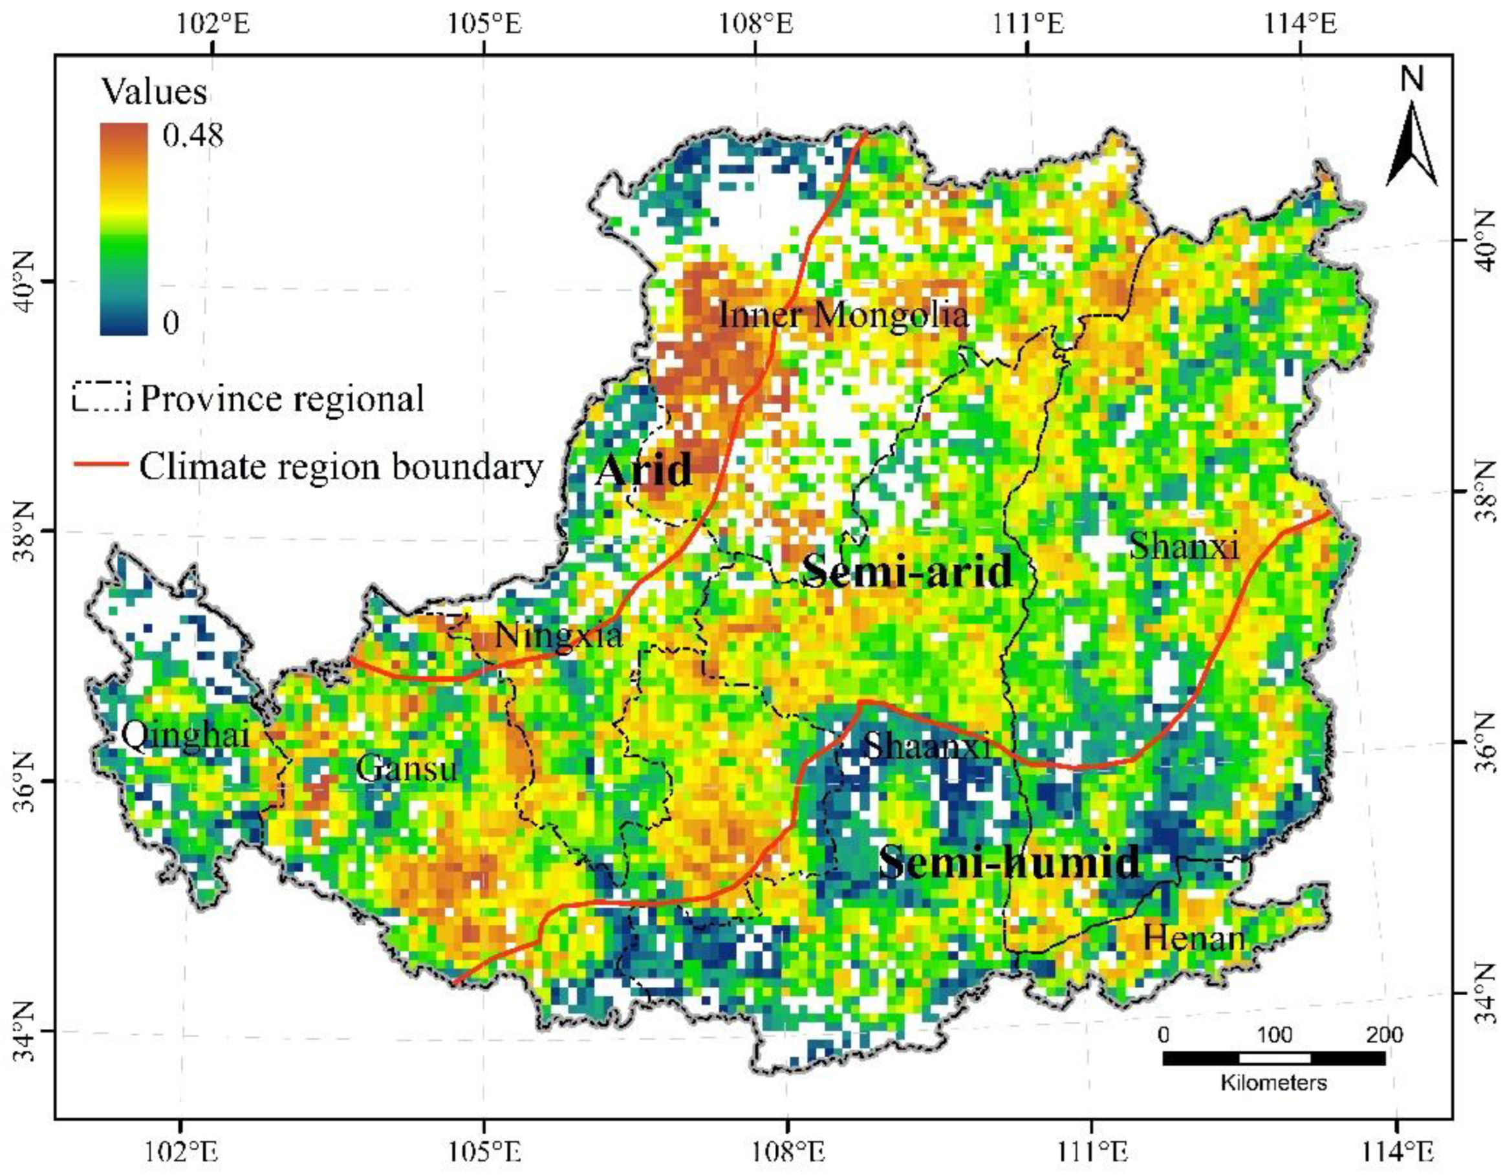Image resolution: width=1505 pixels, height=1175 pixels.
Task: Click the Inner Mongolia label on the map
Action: click(x=843, y=316)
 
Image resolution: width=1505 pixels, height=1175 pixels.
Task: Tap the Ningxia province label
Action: click(x=558, y=634)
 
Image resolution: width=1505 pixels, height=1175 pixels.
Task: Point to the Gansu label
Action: click(x=407, y=768)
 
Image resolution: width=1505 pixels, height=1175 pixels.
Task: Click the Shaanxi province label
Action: click(x=927, y=746)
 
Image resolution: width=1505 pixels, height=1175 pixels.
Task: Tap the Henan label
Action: click(x=1194, y=938)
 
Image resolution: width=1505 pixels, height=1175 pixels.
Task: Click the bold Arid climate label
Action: click(x=644, y=470)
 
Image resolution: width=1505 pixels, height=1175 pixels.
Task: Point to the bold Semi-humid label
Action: click(x=1010, y=861)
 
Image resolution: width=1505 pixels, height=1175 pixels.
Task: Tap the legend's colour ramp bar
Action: click(x=124, y=229)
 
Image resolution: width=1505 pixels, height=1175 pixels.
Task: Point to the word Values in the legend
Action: click(x=155, y=91)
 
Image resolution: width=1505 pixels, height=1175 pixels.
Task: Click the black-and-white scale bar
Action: click(x=1273, y=1058)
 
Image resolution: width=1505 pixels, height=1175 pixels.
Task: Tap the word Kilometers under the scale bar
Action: click(x=1273, y=1082)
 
